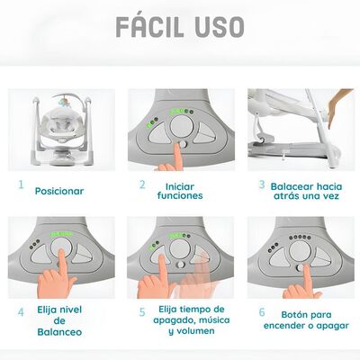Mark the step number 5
pos(141,312)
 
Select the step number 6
pos(262,312)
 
